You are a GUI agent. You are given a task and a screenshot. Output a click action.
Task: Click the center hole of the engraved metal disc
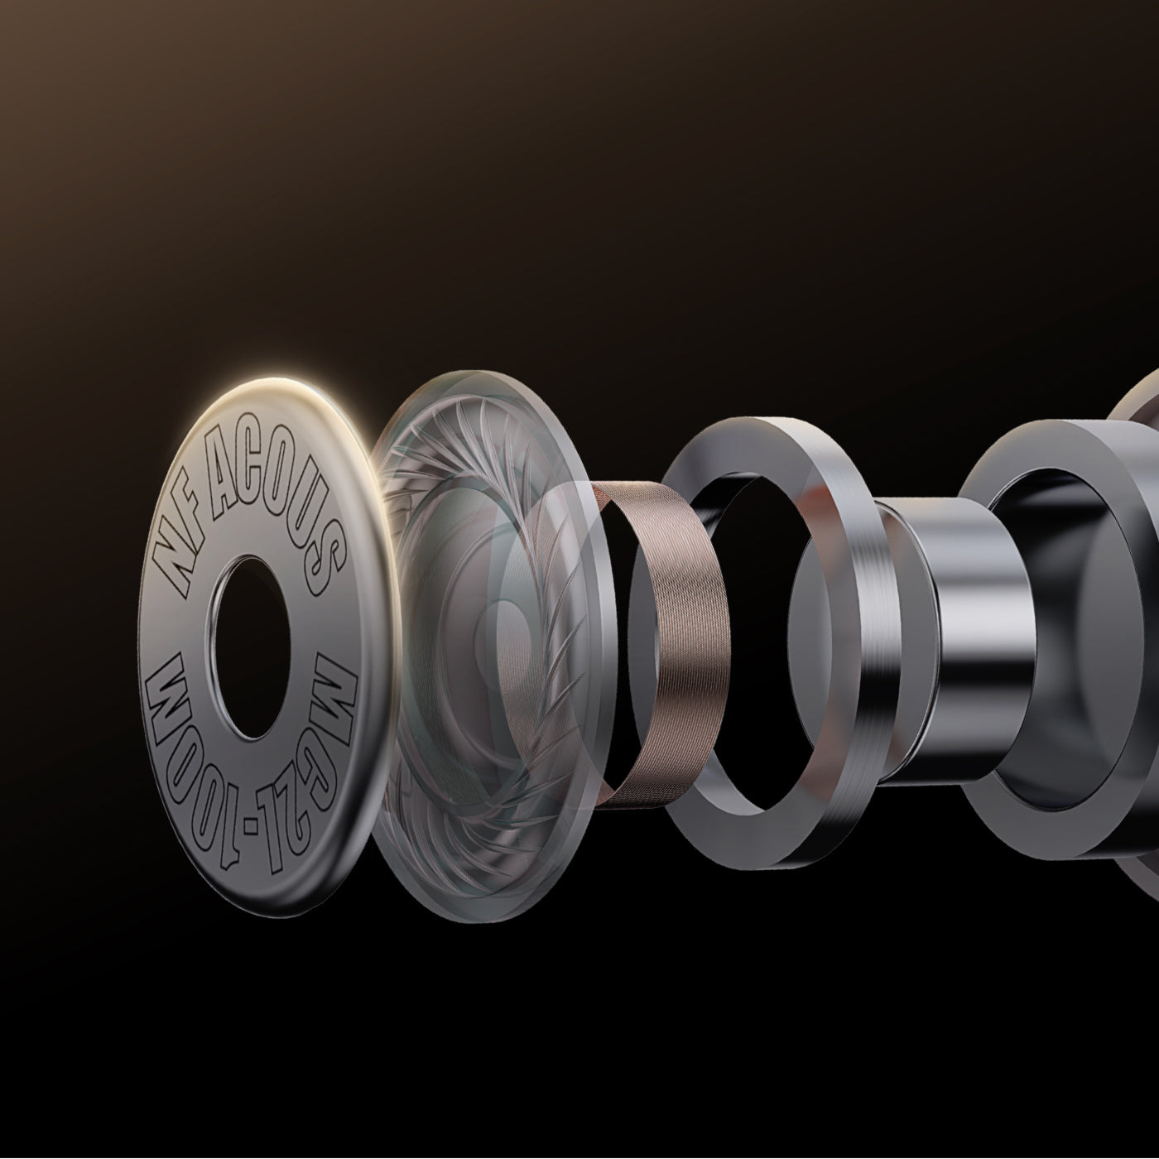248,647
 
